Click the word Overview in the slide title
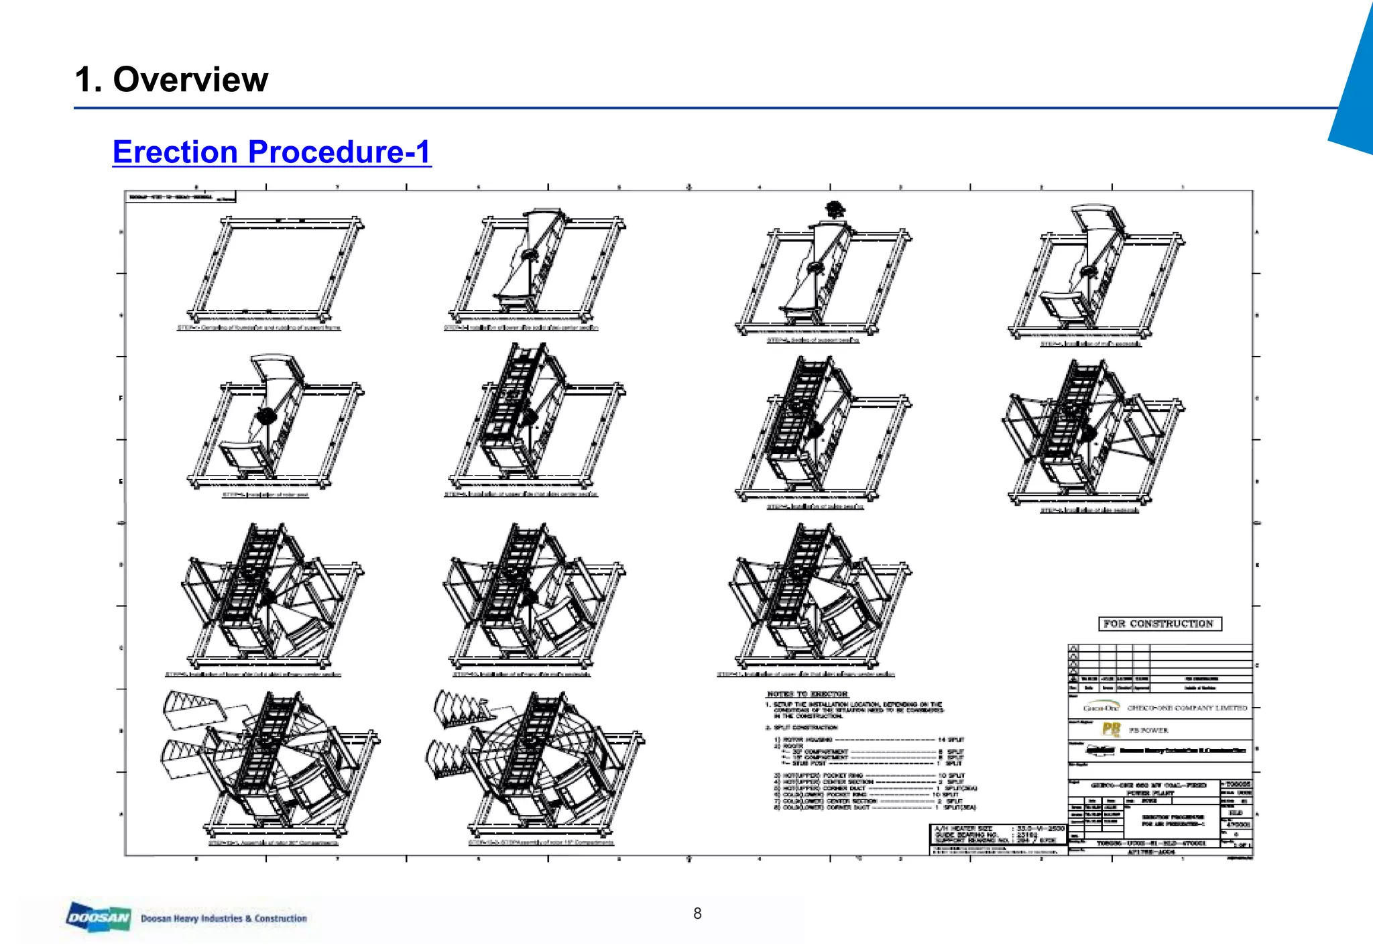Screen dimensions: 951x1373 (190, 80)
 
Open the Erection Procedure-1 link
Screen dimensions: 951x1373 (272, 152)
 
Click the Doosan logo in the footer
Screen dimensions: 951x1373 (99, 917)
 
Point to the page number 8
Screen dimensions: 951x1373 (697, 913)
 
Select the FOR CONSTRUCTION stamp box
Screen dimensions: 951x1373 (1159, 624)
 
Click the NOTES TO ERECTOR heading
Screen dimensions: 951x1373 (807, 694)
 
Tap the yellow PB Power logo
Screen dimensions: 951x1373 (1111, 730)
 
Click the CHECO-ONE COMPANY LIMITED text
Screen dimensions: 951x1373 (1187, 708)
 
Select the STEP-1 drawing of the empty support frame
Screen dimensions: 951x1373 (275, 268)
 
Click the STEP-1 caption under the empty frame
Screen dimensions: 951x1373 (259, 328)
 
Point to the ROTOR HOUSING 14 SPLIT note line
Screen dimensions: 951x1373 (872, 739)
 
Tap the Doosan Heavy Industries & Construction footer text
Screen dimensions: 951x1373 (224, 918)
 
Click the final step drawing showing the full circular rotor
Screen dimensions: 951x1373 (536, 765)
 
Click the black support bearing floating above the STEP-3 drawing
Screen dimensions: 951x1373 (834, 209)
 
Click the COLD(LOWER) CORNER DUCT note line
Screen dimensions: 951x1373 (872, 807)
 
